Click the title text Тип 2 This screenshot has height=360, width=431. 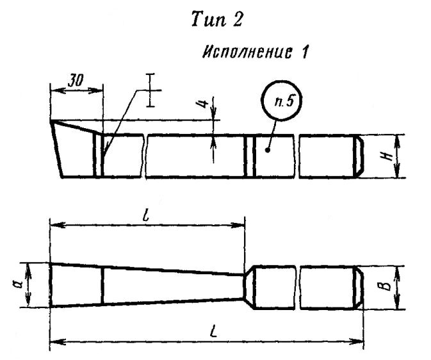click(x=216, y=19)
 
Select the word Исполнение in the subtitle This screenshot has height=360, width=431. click(x=247, y=52)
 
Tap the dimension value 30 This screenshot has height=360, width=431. click(x=76, y=80)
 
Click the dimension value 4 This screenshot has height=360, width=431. click(x=203, y=104)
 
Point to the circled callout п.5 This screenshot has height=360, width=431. click(x=282, y=101)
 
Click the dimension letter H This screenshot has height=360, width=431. click(x=388, y=156)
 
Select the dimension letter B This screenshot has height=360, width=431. click(x=386, y=286)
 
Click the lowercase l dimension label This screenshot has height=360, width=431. click(x=146, y=216)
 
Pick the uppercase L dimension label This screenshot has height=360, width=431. click(x=213, y=332)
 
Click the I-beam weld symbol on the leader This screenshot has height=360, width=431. click(x=150, y=90)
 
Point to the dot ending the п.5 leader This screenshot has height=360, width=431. click(x=267, y=150)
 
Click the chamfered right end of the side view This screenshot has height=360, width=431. click(x=359, y=156)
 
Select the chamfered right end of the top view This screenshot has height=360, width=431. click(x=359, y=288)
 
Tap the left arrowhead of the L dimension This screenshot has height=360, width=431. click(x=57, y=342)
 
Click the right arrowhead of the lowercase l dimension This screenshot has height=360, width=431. click(x=238, y=225)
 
